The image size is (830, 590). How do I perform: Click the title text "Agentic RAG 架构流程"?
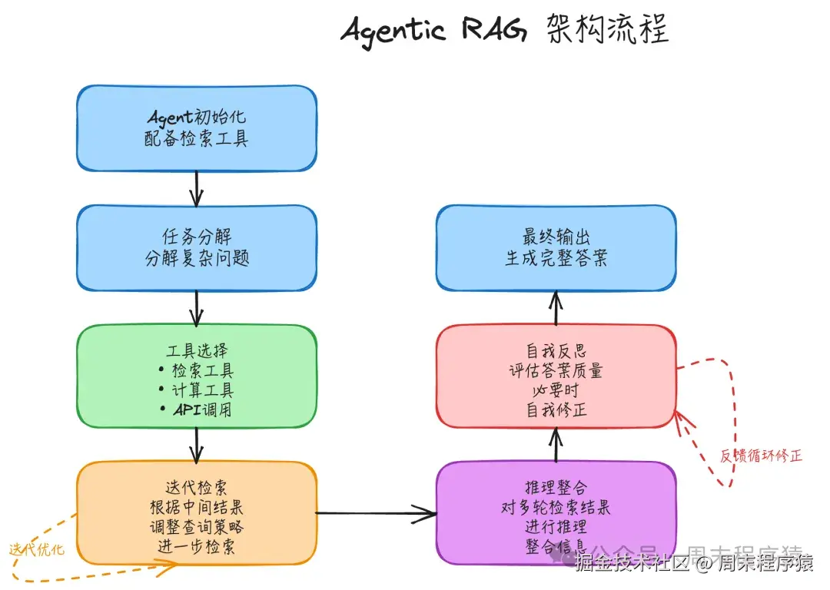pos(505,31)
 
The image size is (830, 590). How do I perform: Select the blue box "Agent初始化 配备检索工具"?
pos(197,128)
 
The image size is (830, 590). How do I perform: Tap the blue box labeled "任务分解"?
pos(197,247)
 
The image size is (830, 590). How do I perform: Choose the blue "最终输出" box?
pos(556,247)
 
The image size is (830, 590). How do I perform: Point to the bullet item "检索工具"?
pos(202,370)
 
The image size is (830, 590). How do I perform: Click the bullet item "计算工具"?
pos(202,390)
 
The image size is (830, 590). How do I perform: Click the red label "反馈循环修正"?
pos(761,456)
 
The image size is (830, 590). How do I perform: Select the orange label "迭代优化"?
pos(37,550)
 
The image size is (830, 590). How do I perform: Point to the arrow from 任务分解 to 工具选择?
pos(197,307)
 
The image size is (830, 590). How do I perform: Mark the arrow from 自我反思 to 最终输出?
pos(556,308)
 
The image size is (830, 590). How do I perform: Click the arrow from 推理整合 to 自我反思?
pos(556,444)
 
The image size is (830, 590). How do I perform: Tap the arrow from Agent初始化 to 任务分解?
pos(197,187)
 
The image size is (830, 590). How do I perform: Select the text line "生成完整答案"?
pos(556,258)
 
